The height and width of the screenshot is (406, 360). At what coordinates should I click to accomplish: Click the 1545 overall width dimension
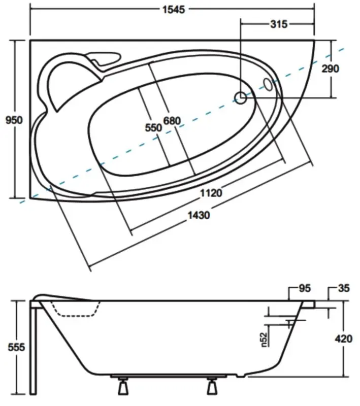[174, 10]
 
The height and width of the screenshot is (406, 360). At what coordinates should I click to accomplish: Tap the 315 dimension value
[279, 24]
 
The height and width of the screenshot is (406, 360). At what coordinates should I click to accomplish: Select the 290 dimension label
[330, 69]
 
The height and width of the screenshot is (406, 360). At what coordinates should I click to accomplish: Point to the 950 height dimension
[14, 120]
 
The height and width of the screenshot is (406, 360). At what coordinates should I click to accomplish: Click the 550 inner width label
[153, 128]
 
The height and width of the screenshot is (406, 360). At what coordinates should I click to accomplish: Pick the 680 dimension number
[172, 121]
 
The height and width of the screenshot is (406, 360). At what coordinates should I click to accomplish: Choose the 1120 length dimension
[211, 193]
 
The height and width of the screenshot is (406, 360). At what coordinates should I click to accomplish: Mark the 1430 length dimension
[199, 215]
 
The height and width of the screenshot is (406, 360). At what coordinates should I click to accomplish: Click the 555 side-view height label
[16, 347]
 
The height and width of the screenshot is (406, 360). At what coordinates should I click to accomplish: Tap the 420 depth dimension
[344, 339]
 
